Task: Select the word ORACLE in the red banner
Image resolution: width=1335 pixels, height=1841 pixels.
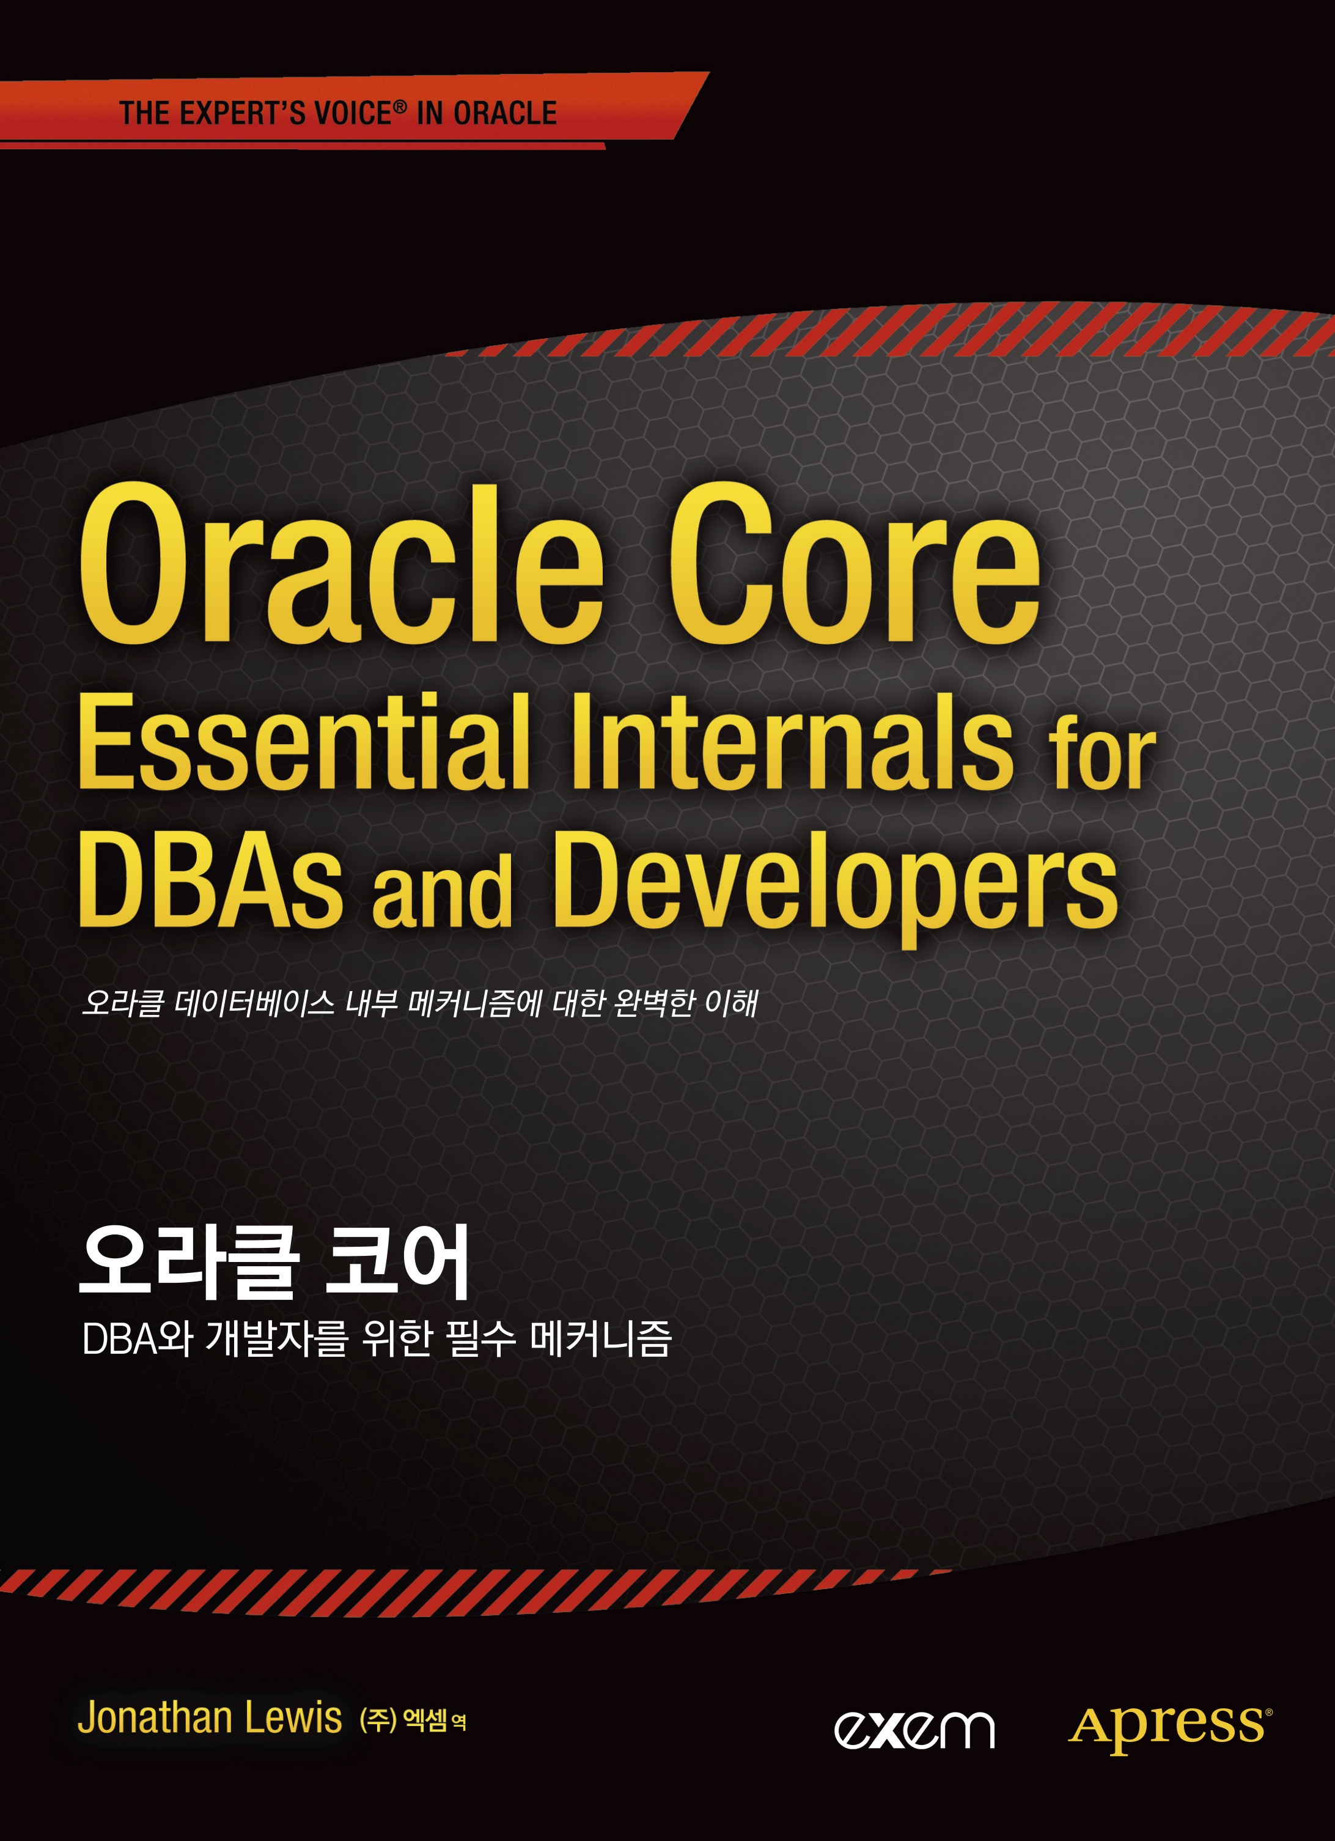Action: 505,113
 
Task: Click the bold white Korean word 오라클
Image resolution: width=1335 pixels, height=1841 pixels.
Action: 189,1262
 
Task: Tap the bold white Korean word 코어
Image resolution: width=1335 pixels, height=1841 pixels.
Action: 397,1262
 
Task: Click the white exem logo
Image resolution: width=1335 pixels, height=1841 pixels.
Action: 914,1729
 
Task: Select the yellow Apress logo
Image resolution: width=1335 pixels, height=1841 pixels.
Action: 1169,1727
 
